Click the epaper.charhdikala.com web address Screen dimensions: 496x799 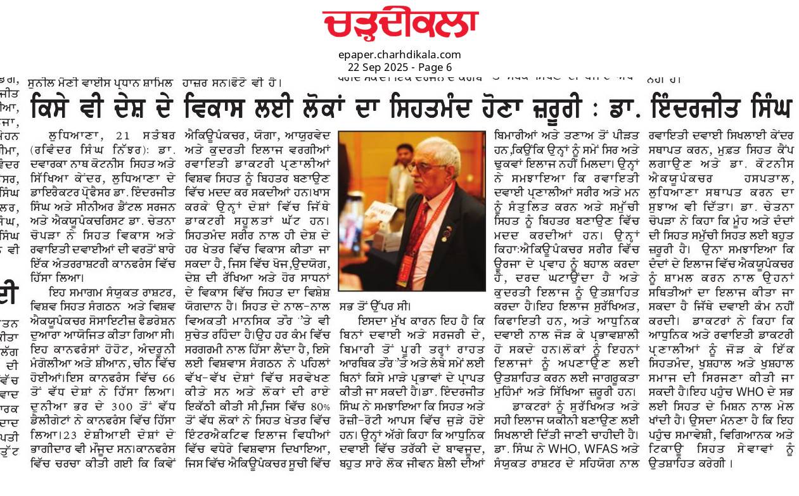pyautogui.click(x=399, y=54)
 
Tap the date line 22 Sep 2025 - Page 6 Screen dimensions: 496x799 pyautogui.click(x=399, y=67)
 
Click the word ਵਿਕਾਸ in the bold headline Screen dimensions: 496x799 pyautogui.click(x=218, y=105)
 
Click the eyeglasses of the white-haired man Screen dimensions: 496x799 pyautogui.click(x=426, y=167)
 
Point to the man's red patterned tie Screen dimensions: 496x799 pyautogui.click(x=423, y=228)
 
